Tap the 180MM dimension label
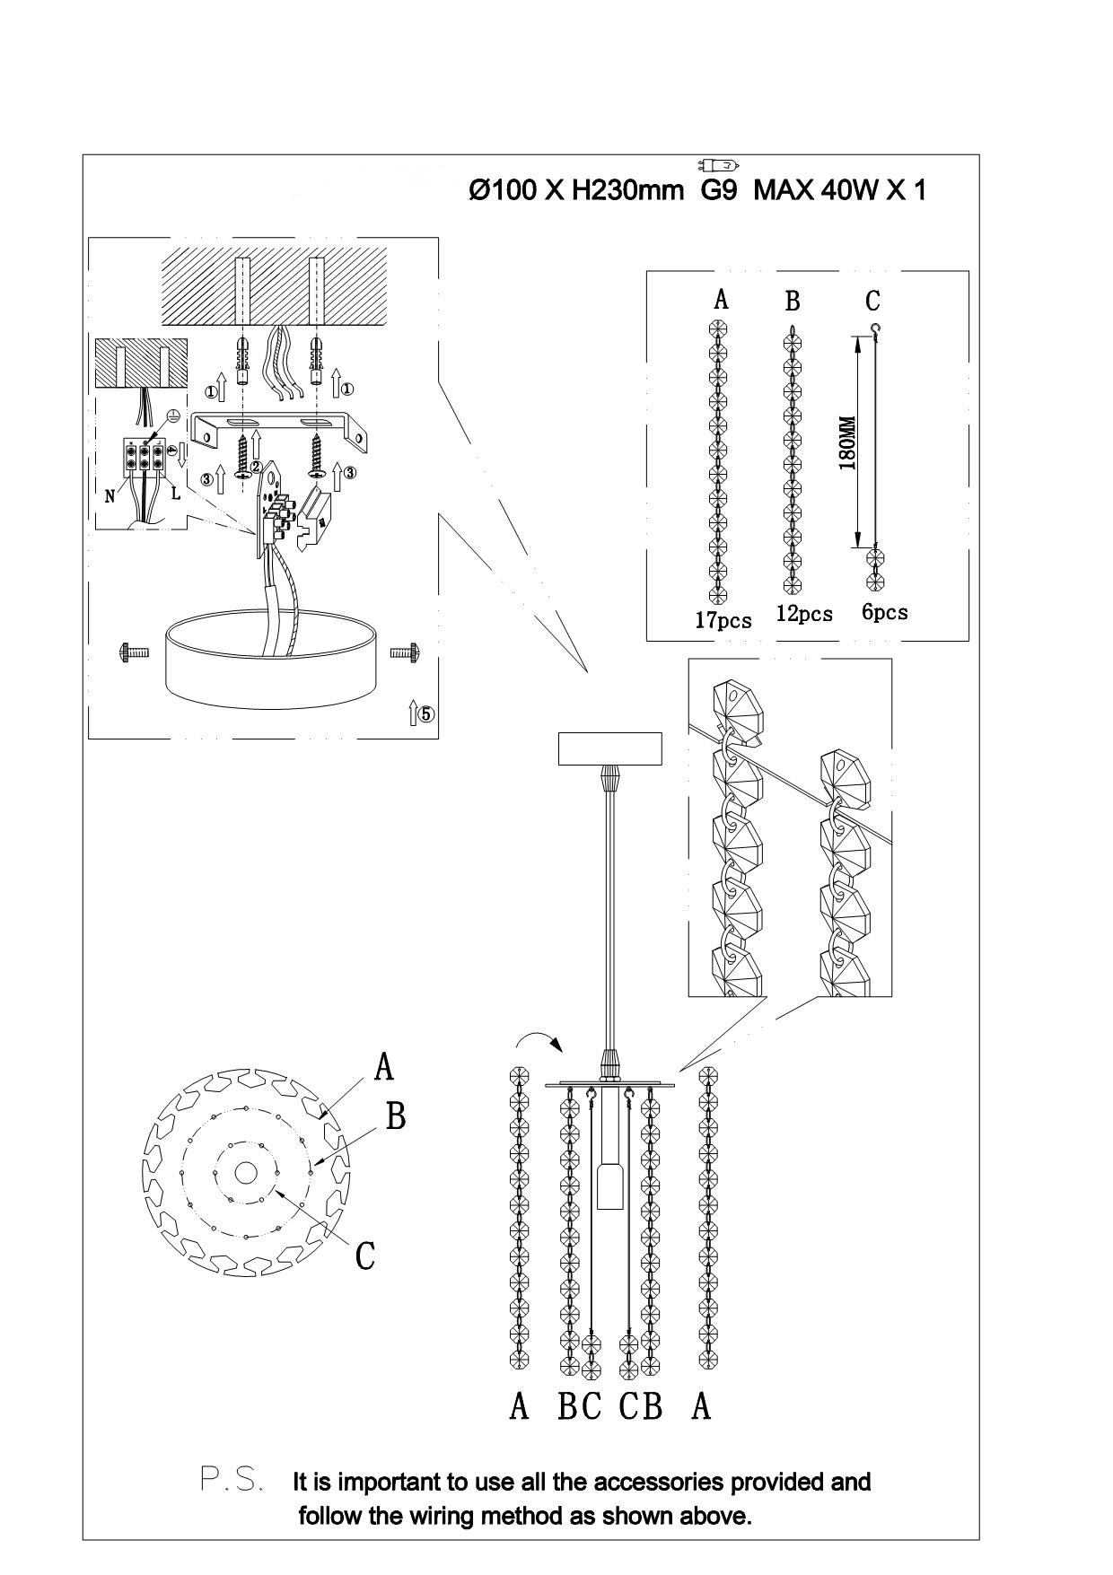point(846,442)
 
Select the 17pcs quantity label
point(723,620)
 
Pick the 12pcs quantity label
point(804,614)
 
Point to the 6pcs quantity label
point(884,612)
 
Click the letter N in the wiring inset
point(110,496)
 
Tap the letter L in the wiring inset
point(176,493)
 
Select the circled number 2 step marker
point(256,467)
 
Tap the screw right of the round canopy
point(406,652)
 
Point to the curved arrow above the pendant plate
point(539,1039)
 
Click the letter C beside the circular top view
point(364,1256)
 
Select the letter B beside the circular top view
point(396,1116)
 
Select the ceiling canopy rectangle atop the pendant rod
point(610,748)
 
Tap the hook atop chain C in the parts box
point(874,329)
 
